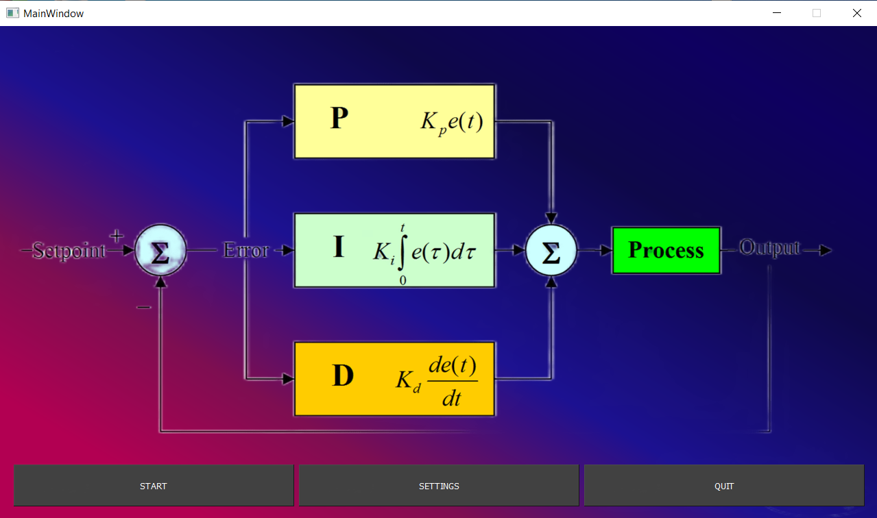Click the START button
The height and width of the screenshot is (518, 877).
[154, 486]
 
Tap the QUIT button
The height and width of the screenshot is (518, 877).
[724, 486]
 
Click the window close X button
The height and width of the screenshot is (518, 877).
[856, 13]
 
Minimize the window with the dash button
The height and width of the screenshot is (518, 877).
[777, 13]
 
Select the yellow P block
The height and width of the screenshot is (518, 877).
[394, 121]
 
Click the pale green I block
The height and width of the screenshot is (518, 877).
[394, 250]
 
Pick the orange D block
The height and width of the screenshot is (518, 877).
[394, 378]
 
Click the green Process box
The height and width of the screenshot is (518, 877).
[666, 250]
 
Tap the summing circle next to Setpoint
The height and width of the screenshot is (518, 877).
[160, 251]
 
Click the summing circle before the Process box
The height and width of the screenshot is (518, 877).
[551, 251]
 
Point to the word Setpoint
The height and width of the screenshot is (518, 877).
[69, 251]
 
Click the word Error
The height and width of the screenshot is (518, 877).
[246, 251]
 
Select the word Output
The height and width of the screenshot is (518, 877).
[769, 247]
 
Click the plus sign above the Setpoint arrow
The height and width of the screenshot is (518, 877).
[117, 236]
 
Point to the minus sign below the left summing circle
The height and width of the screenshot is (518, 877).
[143, 307]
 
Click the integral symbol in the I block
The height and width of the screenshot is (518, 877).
[402, 251]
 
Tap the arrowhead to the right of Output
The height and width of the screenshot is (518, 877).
[826, 251]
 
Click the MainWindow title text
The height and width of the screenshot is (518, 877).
[53, 13]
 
